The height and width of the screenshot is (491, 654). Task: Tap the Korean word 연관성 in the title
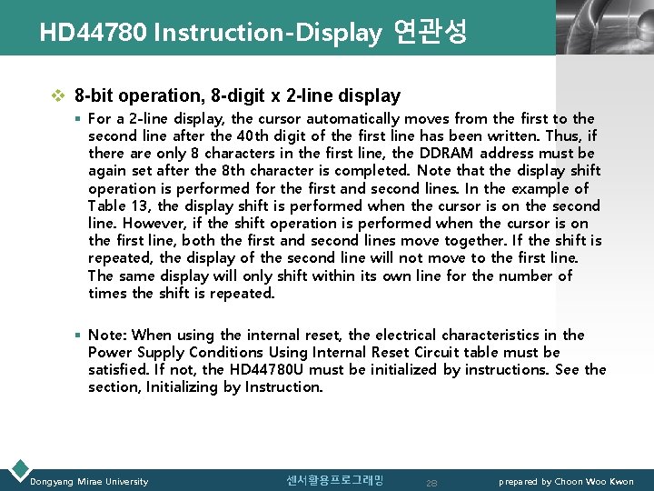point(431,33)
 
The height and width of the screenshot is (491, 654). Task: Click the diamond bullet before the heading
point(59,95)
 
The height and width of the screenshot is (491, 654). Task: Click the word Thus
point(565,135)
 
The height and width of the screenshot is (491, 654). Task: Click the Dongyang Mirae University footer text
point(89,481)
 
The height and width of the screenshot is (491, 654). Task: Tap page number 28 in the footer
point(431,482)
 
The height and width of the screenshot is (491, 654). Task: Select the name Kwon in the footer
point(620,481)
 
